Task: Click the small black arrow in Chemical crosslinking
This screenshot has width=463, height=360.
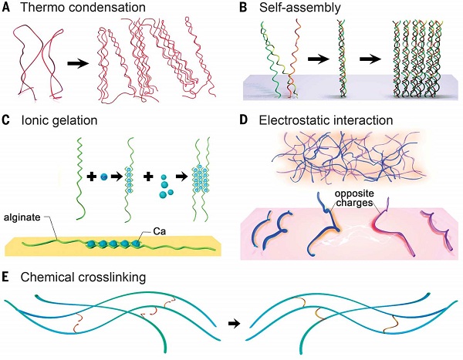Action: point(230,324)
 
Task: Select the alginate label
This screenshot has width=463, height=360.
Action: point(25,219)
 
